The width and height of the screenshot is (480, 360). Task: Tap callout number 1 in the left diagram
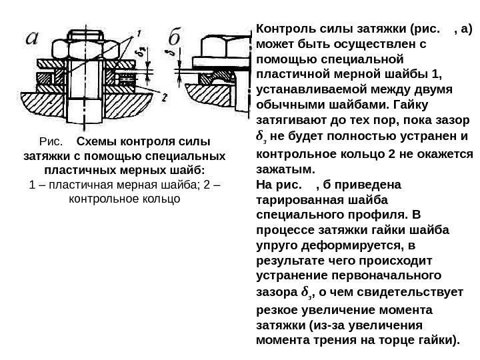pyautogui.click(x=138, y=32)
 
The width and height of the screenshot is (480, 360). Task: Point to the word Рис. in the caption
pyautogui.click(x=51, y=141)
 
